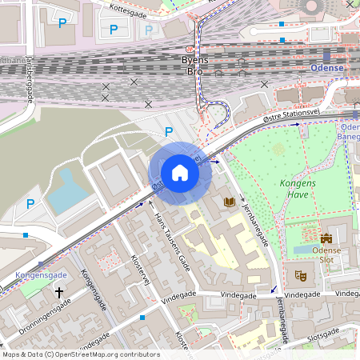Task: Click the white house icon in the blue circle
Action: click(180, 173)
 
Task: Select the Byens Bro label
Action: click(195, 66)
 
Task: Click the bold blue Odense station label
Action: click(326, 68)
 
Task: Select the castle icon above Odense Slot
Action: click(326, 238)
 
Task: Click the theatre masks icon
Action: click(302, 275)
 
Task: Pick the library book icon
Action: click(230, 202)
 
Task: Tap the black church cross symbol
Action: click(58, 294)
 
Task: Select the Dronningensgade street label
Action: click(44, 317)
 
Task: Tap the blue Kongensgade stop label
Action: click(41, 275)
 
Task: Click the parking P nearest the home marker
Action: click(168, 132)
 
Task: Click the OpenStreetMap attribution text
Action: click(80, 354)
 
